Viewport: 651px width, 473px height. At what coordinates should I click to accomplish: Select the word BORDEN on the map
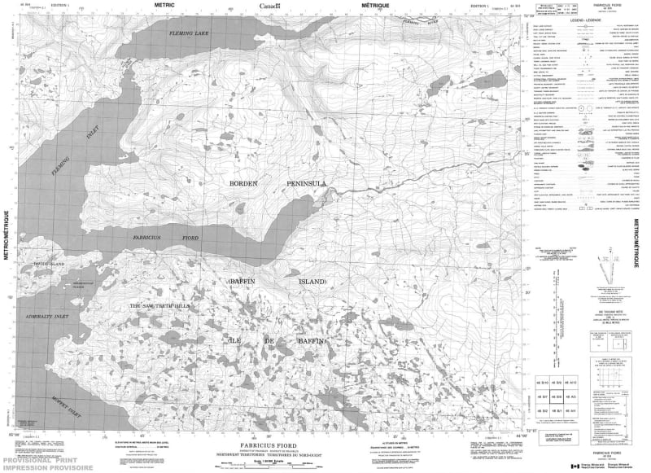[x=243, y=184]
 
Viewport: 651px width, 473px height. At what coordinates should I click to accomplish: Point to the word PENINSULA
[x=306, y=184]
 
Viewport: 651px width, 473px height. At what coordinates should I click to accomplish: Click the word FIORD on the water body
[x=189, y=238]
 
